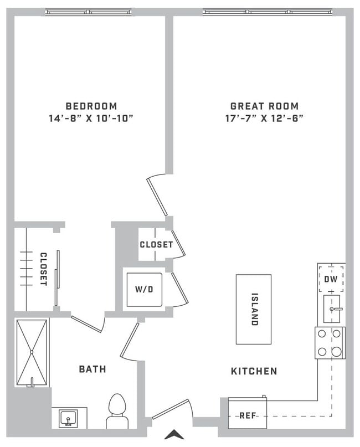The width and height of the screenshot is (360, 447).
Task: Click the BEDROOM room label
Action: tap(91, 106)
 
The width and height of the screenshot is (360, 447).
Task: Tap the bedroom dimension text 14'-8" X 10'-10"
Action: tap(91, 118)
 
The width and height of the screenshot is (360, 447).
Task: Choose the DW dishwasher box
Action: tap(331, 280)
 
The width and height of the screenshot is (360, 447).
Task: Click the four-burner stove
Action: tap(330, 343)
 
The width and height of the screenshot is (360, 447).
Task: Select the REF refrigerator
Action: tap(248, 414)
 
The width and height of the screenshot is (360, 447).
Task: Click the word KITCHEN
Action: tap(254, 371)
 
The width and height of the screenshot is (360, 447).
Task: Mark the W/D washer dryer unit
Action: tap(144, 289)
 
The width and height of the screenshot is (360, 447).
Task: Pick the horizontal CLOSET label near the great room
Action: tap(156, 244)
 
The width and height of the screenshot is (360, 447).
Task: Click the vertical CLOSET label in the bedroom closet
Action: tap(43, 269)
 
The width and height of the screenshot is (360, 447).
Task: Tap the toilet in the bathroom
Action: tap(117, 411)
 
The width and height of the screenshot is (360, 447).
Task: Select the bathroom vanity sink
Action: tap(69, 417)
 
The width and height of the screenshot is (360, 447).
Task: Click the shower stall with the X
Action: tap(32, 352)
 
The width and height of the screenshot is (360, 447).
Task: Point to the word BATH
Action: tap(92, 369)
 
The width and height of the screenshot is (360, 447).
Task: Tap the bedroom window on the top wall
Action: tap(88, 12)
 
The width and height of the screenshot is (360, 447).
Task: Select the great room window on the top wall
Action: tap(268, 12)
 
